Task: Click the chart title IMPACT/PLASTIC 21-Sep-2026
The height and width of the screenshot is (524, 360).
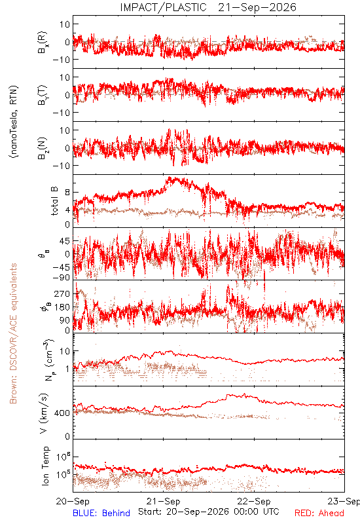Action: pyautogui.click(x=208, y=7)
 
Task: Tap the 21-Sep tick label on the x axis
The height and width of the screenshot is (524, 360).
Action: pyautogui.click(x=163, y=501)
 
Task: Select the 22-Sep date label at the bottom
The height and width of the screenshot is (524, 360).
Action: pyautogui.click(x=254, y=501)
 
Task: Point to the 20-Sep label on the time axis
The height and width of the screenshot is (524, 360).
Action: pyautogui.click(x=73, y=501)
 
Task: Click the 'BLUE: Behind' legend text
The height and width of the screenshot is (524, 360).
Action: pyautogui.click(x=101, y=513)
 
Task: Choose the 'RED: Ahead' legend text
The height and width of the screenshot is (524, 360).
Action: pyautogui.click(x=319, y=513)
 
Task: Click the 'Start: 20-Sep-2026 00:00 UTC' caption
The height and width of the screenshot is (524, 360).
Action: pyautogui.click(x=209, y=512)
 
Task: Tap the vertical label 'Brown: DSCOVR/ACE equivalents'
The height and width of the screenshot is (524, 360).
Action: pyautogui.click(x=13, y=333)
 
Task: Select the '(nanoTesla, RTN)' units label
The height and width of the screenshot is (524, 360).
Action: pyautogui.click(x=14, y=122)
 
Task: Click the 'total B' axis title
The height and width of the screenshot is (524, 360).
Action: pyautogui.click(x=54, y=201)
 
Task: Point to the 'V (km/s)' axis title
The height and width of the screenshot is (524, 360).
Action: pyautogui.click(x=44, y=413)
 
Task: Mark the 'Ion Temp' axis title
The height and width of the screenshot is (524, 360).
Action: pyautogui.click(x=45, y=466)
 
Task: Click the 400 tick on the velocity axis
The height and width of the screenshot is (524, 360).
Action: pyautogui.click(x=62, y=413)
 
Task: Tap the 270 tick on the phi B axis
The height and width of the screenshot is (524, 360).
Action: pyautogui.click(x=62, y=293)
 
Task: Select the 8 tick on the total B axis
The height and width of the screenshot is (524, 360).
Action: pyautogui.click(x=68, y=192)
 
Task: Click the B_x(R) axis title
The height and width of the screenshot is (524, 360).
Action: pyautogui.click(x=43, y=43)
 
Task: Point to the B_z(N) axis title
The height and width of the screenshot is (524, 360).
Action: pyautogui.click(x=43, y=148)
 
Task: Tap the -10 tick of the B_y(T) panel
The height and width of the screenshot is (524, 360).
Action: pyautogui.click(x=61, y=113)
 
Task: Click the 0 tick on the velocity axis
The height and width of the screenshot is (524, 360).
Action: pyautogui.click(x=68, y=436)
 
